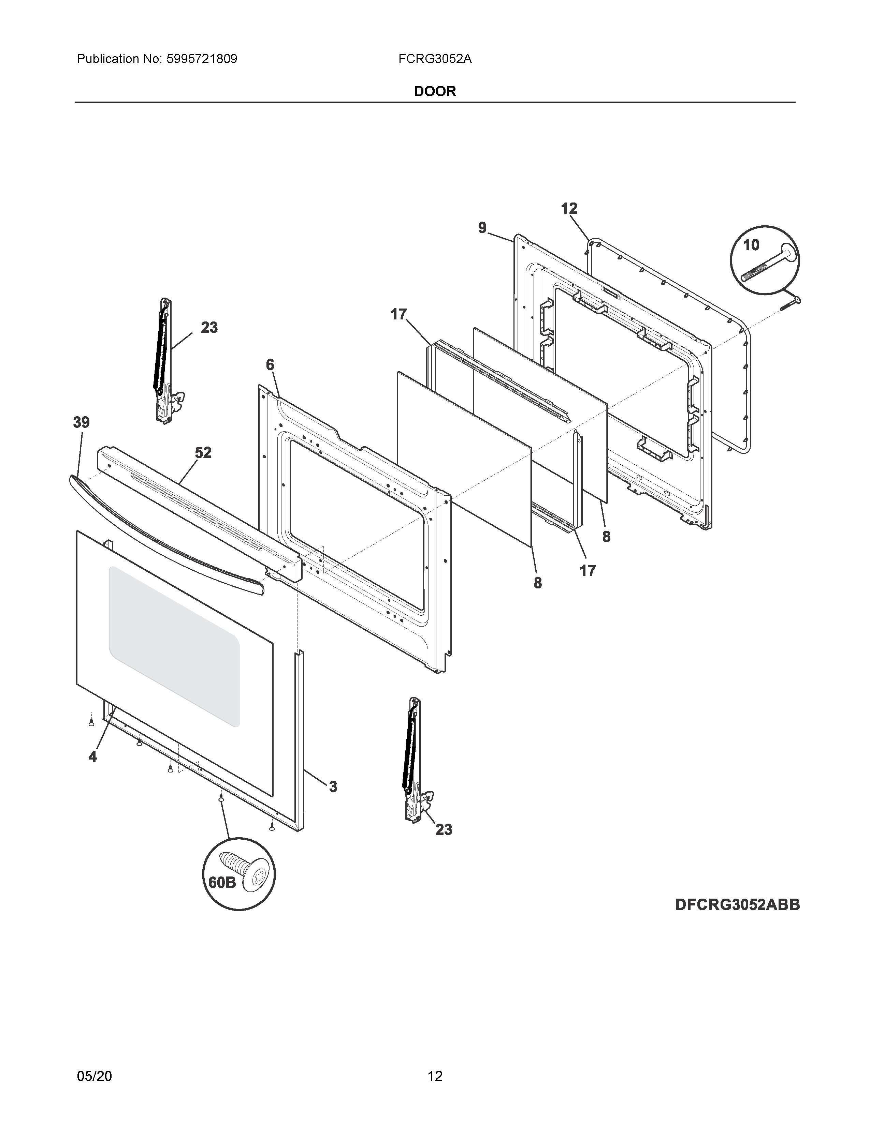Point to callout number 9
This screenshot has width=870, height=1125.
pos(482,228)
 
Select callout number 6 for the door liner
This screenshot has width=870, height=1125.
pos(270,365)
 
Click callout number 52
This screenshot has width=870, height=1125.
pos(203,453)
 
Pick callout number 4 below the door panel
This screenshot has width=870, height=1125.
pos(93,757)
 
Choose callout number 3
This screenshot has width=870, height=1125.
pos(333,786)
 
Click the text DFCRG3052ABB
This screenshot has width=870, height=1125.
pos(738,905)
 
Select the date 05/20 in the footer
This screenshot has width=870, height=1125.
pos(94,1062)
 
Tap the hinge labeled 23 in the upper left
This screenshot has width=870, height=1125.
pos(165,361)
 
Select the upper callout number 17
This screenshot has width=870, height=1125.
pos(398,314)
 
